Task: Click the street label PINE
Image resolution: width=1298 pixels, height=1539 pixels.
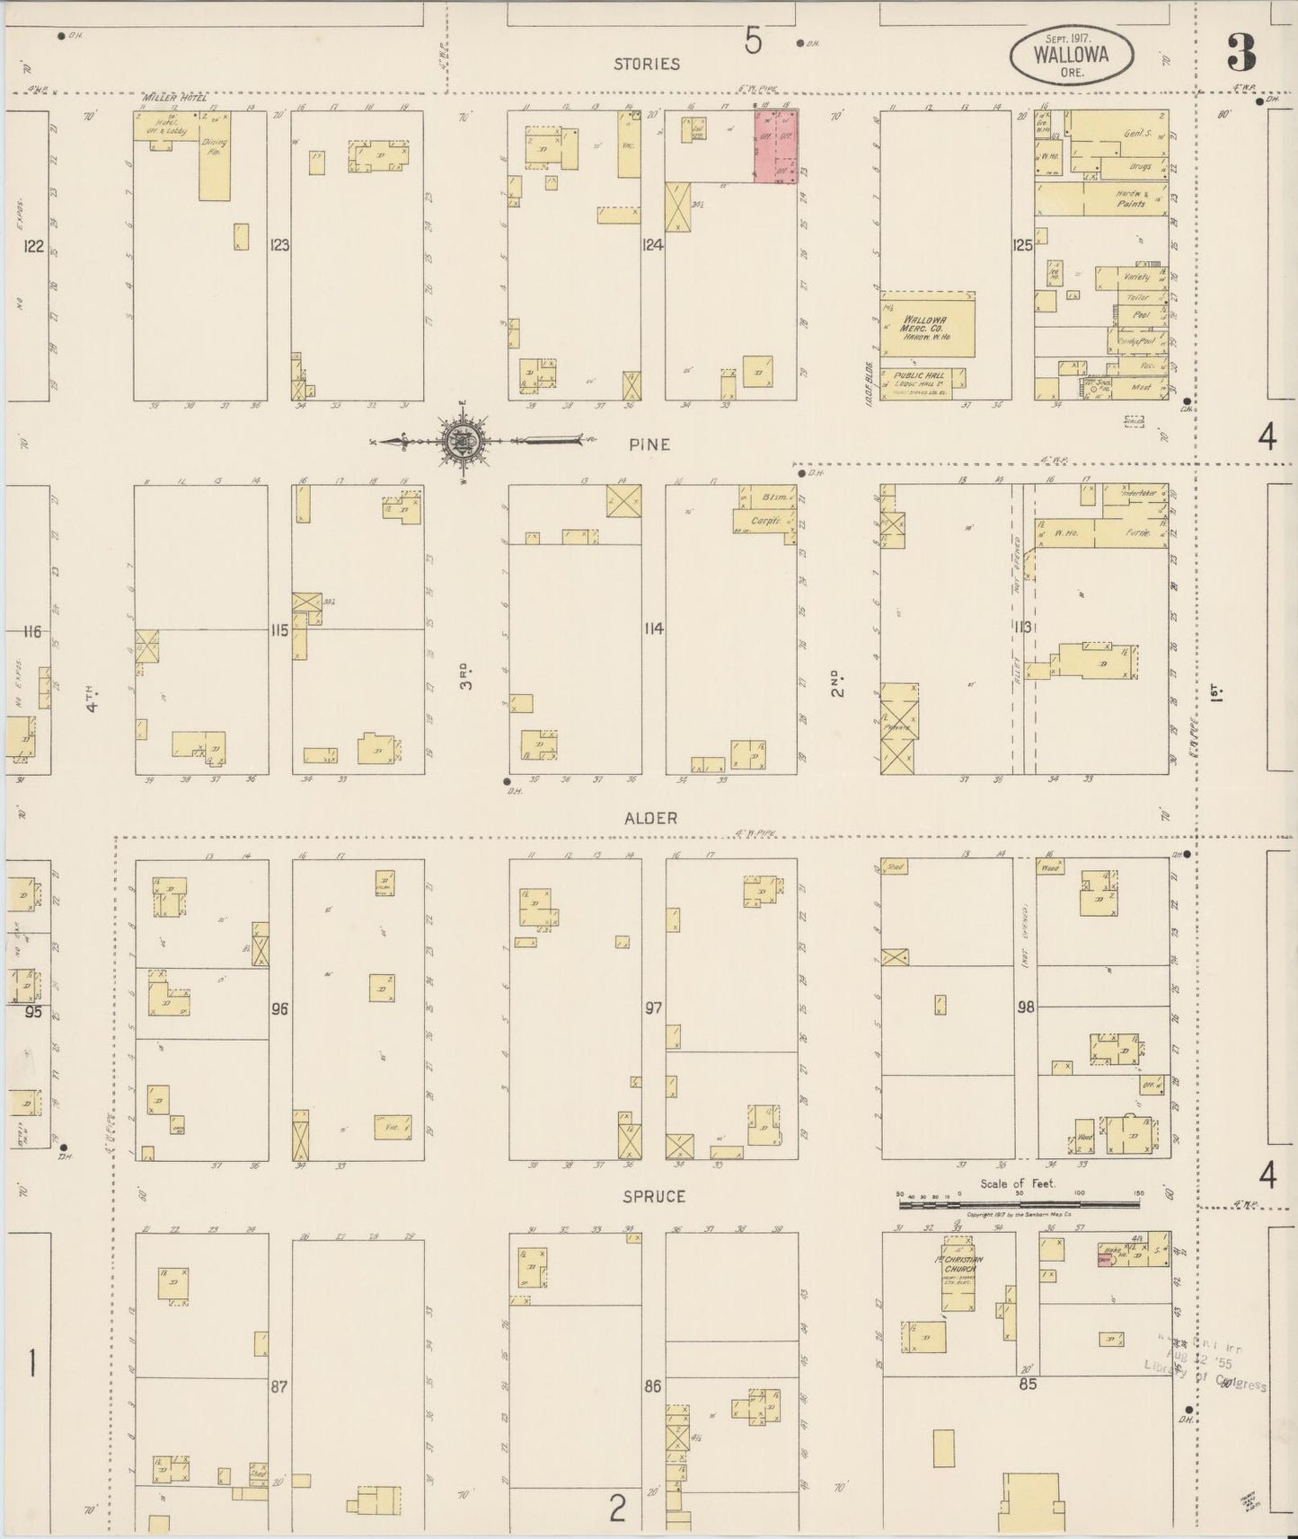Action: [649, 444]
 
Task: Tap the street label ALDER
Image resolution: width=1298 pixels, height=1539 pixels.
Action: [651, 818]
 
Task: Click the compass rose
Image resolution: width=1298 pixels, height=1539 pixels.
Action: [463, 441]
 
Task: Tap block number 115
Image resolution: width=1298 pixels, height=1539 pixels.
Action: [279, 630]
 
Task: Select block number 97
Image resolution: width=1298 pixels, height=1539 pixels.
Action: [653, 1007]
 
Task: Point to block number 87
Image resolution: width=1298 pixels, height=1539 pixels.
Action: [279, 1386]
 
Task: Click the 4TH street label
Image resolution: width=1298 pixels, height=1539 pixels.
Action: [93, 698]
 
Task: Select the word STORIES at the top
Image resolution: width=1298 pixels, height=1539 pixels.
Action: [647, 64]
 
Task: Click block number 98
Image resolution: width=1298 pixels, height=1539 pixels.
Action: [1025, 1007]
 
